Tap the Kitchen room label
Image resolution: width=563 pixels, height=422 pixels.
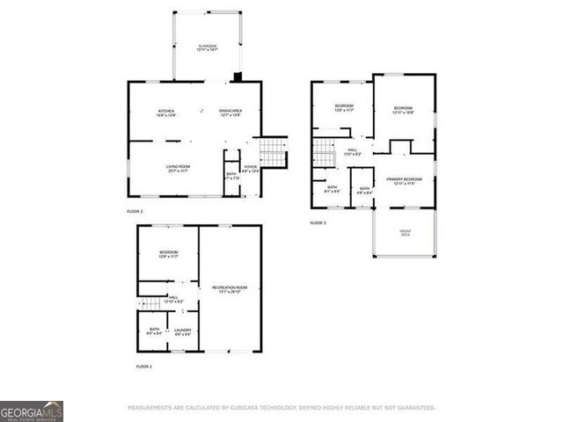point(165,113)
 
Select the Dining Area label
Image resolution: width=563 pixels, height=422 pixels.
point(230,113)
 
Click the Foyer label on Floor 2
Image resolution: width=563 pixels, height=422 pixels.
point(251,168)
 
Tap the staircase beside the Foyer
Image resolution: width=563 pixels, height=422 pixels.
point(274,152)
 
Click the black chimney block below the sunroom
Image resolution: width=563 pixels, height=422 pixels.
point(237,76)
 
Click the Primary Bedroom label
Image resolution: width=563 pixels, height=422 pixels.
point(405,180)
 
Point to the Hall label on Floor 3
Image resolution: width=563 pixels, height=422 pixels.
point(351,152)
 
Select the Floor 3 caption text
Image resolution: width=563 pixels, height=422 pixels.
point(318,223)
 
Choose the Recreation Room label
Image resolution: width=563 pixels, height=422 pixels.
point(230,289)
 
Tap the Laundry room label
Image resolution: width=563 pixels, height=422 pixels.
point(182,331)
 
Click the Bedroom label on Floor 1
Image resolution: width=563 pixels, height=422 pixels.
point(169,254)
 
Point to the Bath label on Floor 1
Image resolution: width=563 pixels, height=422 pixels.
point(154,331)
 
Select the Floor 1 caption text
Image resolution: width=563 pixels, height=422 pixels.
point(144,366)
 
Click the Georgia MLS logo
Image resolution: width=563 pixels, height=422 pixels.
point(32,411)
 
